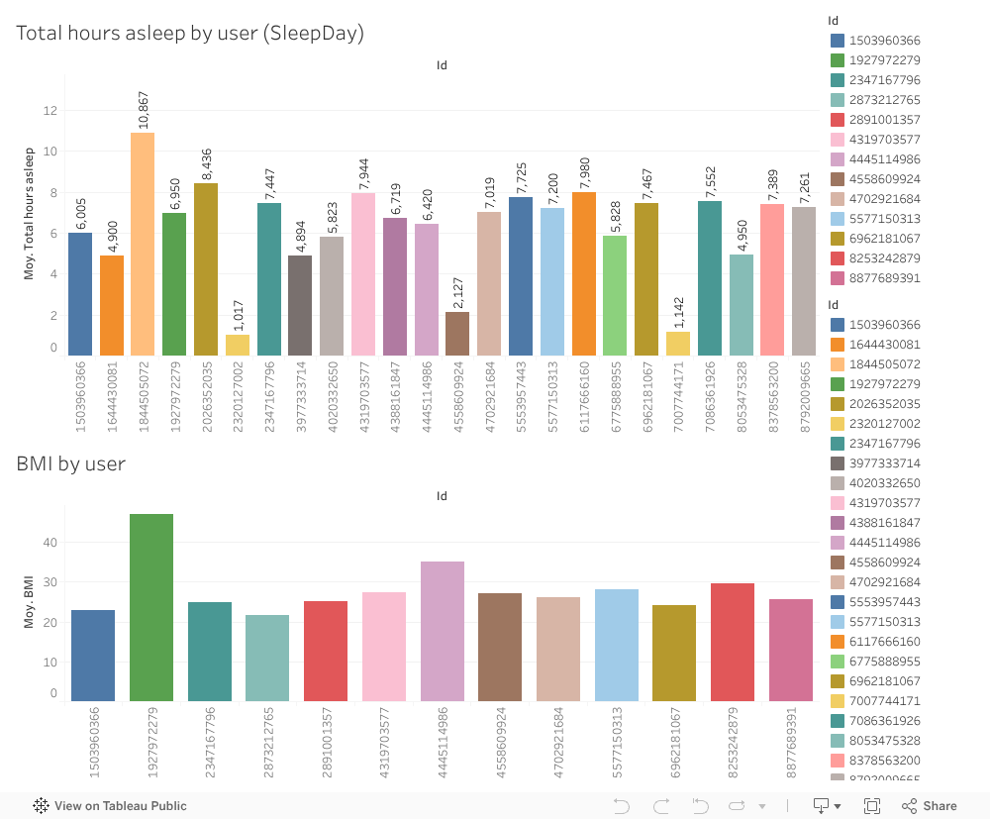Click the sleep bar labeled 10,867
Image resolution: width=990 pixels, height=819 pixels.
pos(143,244)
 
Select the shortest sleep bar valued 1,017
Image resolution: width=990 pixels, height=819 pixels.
pos(238,345)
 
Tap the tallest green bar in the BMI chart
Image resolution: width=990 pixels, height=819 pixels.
pos(151,607)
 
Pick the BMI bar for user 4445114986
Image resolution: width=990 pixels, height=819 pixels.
pos(443,631)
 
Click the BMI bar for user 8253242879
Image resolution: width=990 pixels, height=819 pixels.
pos(733,642)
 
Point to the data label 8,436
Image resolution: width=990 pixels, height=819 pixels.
pos(206,160)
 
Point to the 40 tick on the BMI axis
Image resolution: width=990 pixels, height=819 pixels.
pos(50,543)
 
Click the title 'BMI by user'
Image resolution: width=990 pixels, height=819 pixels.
pos(70,463)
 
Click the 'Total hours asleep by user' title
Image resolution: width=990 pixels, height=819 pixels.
pos(190,33)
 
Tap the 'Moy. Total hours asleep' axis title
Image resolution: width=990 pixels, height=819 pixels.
pos(29,213)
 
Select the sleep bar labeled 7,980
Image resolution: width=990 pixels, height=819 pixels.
pos(584,273)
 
